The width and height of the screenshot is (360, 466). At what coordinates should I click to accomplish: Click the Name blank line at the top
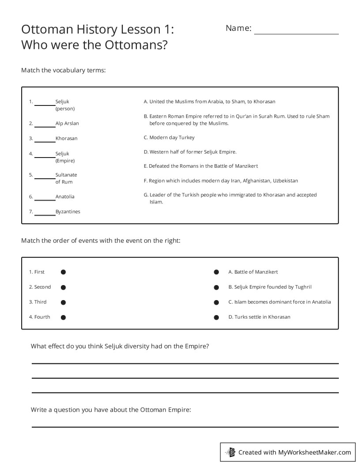(296, 33)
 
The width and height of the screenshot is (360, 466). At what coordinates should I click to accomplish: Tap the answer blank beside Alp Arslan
(45, 126)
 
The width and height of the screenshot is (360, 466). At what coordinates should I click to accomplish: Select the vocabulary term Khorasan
(66, 139)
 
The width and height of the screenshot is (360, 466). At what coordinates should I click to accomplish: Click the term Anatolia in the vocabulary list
(65, 197)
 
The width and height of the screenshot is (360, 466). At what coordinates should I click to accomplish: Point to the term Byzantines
(68, 212)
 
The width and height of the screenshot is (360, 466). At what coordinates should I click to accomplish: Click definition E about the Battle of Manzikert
(201, 166)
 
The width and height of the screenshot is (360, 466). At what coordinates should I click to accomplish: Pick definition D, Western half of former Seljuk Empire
(190, 152)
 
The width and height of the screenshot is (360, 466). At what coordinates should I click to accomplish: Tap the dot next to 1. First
(63, 272)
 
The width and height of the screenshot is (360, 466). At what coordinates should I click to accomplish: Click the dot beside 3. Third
(63, 302)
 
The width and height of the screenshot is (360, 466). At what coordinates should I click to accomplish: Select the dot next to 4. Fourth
(63, 317)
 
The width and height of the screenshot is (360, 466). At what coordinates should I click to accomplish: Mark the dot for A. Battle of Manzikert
(216, 272)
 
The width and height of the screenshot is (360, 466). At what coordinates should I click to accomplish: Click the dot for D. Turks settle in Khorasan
(216, 317)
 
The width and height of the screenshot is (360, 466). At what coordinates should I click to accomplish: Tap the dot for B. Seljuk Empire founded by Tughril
(216, 287)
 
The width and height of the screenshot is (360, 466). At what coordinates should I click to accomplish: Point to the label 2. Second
(40, 287)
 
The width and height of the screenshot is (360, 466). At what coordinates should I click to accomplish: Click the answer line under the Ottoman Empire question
(185, 426)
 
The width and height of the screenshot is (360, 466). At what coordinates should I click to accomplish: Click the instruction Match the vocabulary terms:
(64, 70)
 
